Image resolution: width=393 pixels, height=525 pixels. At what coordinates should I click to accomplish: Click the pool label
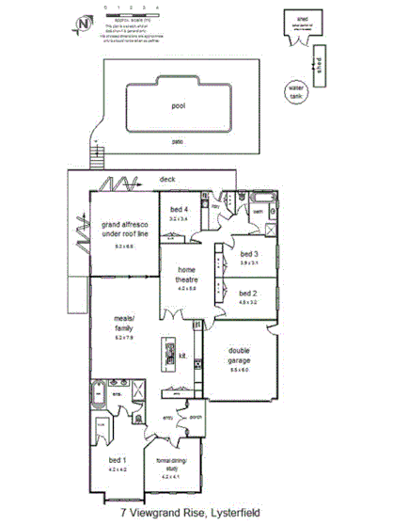click(178, 106)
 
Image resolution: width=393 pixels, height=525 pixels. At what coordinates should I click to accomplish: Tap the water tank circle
click(297, 91)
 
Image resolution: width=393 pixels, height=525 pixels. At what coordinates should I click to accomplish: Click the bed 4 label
click(179, 210)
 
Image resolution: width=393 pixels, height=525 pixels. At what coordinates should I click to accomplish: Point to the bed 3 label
click(248, 255)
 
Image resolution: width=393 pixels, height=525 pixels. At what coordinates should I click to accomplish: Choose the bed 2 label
click(248, 293)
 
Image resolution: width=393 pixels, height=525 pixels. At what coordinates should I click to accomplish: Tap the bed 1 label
click(117, 460)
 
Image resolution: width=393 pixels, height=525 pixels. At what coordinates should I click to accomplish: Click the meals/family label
click(125, 323)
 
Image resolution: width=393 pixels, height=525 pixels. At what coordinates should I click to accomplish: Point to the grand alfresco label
click(124, 231)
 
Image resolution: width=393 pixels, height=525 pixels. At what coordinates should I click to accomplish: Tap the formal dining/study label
click(175, 464)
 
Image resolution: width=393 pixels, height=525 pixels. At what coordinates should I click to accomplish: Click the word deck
click(167, 178)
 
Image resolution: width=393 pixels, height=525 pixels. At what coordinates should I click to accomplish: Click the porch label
click(196, 416)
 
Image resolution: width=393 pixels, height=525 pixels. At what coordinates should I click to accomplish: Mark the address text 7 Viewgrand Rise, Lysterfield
click(196, 514)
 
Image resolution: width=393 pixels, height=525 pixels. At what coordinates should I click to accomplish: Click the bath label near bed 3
click(255, 213)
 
